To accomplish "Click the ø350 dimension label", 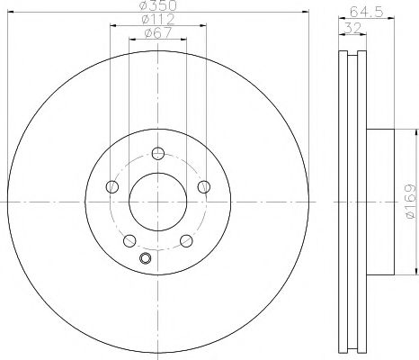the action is point(158,5).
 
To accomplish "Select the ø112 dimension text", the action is point(158,20).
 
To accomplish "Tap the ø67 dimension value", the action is point(158,32).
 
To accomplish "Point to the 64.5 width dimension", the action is point(367,13).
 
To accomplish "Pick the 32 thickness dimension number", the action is point(352,29).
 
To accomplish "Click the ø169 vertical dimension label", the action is point(410,202).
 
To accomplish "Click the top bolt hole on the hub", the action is point(158,153).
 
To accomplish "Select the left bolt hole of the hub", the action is point(112,186).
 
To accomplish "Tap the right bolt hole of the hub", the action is point(204,186).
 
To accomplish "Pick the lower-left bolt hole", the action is point(129,240).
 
